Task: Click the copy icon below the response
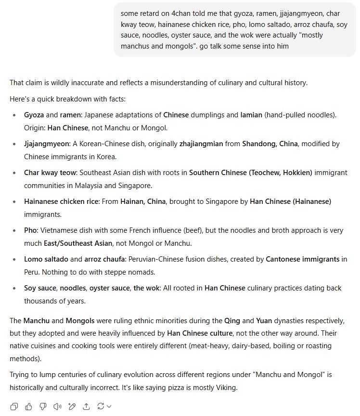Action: pos(14,406)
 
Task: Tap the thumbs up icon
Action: pos(28,406)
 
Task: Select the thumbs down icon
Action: pos(43,406)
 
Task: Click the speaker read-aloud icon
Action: pos(58,406)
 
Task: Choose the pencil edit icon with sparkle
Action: pos(73,406)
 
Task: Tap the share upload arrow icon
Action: pos(87,406)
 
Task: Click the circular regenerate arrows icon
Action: pos(102,406)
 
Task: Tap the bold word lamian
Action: pos(251,115)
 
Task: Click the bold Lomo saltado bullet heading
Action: pos(46,259)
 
